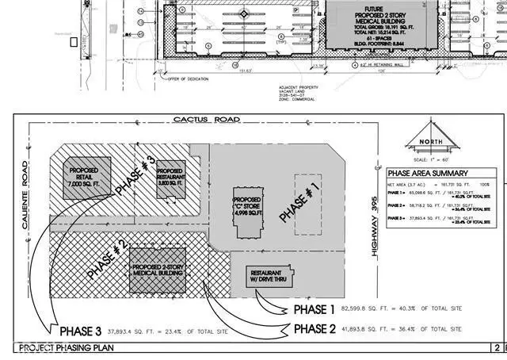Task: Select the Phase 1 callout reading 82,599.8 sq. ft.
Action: click(x=372, y=308)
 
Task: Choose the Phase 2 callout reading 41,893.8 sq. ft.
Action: click(x=372, y=328)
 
